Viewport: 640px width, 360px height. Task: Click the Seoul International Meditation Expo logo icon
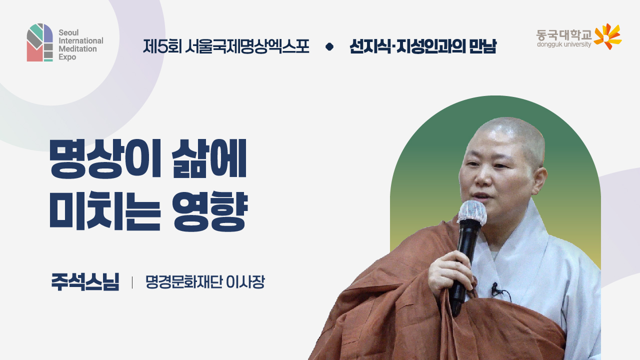(40, 42)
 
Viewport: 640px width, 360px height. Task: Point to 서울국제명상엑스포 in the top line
(246, 46)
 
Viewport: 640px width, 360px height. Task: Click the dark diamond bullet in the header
(329, 47)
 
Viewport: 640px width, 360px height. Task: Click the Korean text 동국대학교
(563, 35)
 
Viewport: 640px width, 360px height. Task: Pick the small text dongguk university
(563, 44)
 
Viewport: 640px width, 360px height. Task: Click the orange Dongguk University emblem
(607, 36)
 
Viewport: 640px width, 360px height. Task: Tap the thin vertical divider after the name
(132, 282)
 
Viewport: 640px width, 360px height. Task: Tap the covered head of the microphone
(472, 212)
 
